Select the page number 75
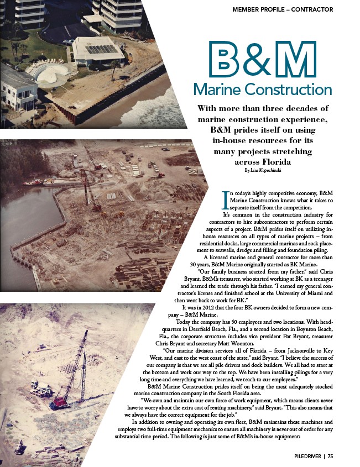pos(330,456)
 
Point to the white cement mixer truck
pos(41,389)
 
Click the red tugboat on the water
pos(33,182)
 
